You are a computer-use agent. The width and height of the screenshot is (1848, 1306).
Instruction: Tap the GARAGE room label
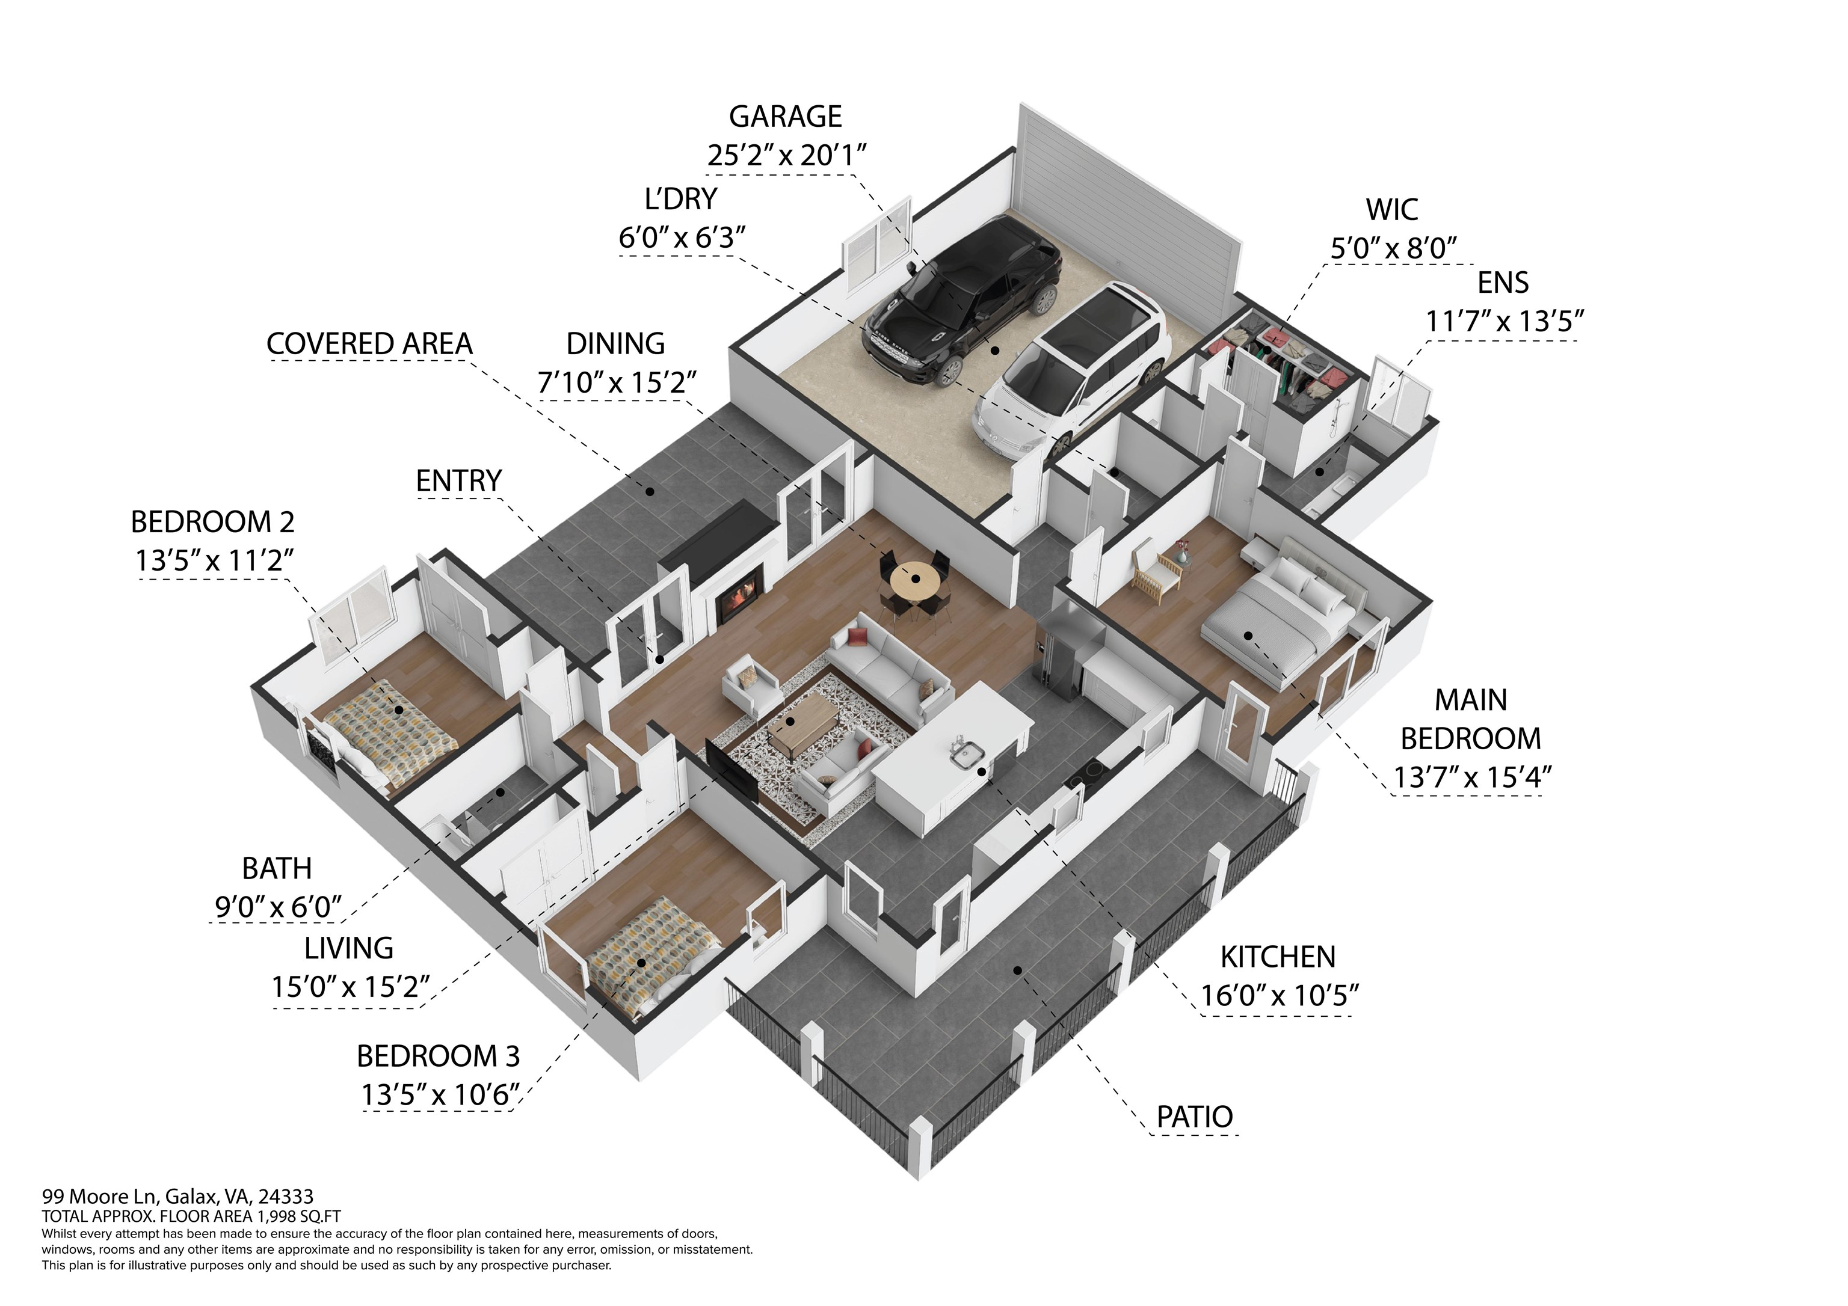point(786,117)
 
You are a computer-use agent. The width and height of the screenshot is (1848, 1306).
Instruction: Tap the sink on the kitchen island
point(966,752)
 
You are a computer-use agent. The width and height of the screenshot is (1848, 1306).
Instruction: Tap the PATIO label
point(1195,1117)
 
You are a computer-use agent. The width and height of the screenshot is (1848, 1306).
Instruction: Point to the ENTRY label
point(459,481)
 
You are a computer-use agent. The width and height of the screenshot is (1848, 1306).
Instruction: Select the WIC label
point(1391,210)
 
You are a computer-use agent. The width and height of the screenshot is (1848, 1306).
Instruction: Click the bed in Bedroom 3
point(652,953)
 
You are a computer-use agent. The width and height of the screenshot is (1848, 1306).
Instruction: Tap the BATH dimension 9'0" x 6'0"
point(279,907)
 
